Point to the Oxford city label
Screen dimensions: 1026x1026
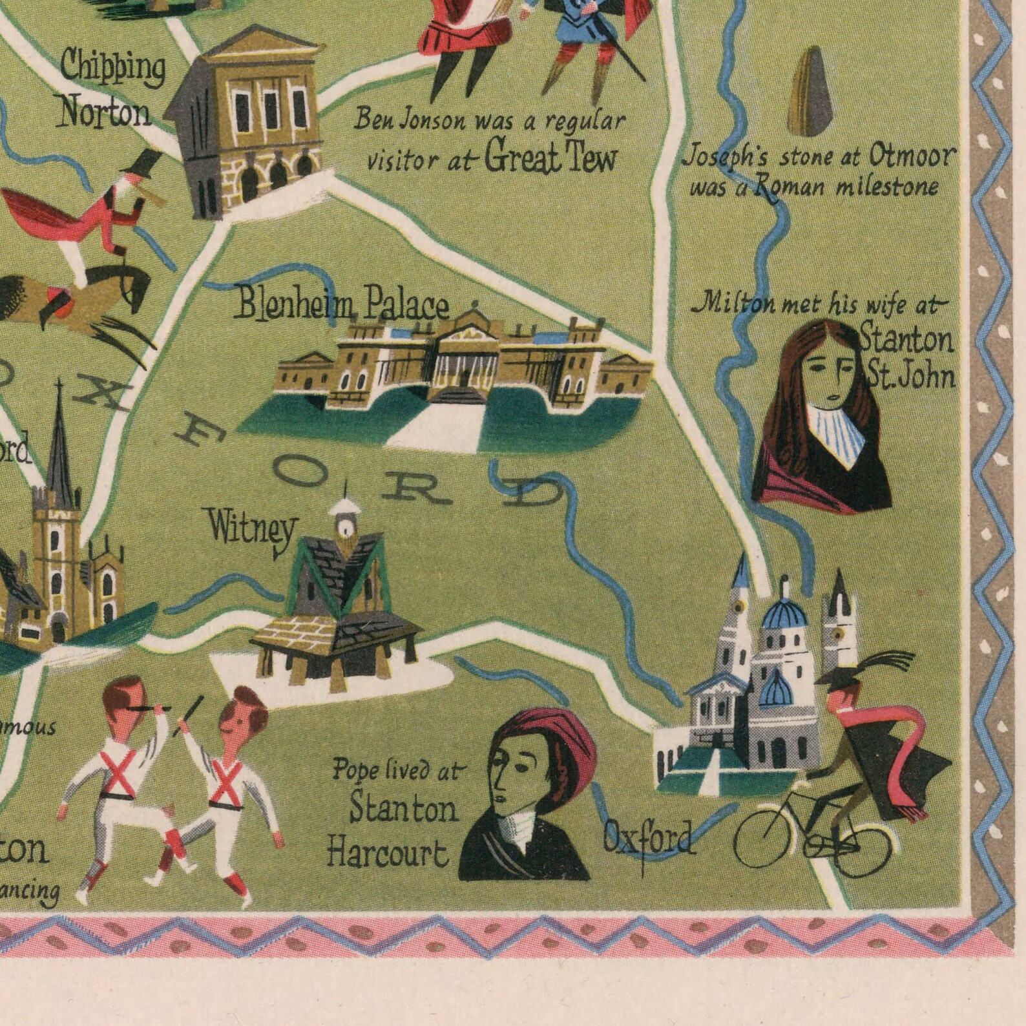click(x=649, y=837)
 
